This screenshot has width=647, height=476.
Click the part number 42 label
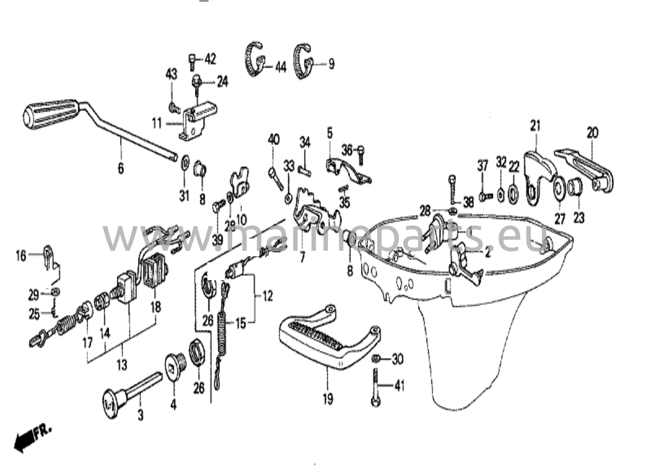210,59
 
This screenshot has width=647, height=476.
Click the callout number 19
328,399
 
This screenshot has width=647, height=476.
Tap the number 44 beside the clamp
281,67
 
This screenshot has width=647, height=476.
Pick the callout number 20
593,133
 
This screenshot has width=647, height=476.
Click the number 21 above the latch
535,126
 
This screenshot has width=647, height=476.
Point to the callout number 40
274,139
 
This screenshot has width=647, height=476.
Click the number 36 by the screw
347,150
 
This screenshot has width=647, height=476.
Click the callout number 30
397,359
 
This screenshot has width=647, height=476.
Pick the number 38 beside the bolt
469,202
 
